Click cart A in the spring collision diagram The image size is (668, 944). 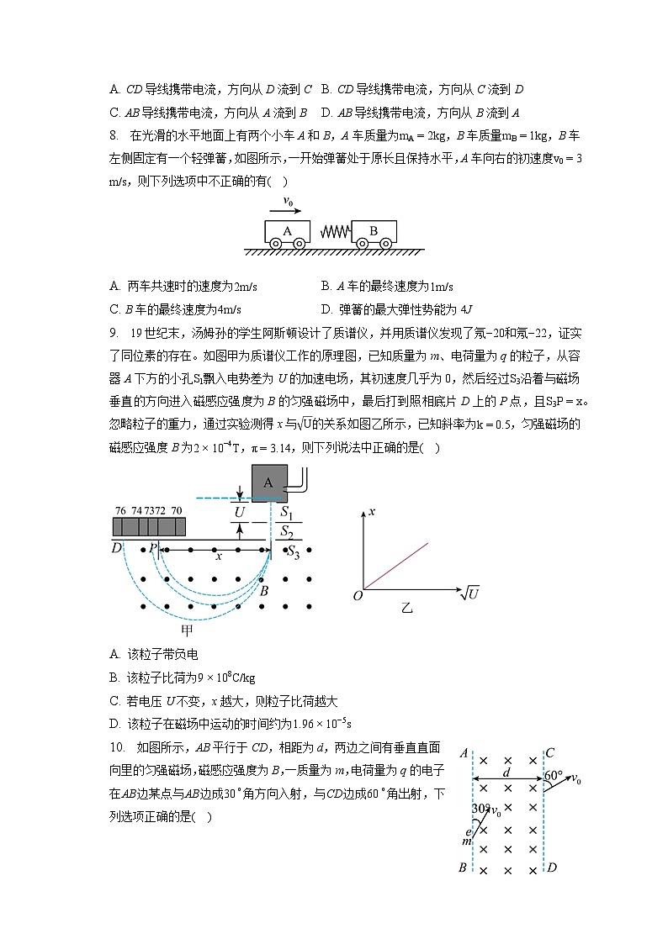coord(287,231)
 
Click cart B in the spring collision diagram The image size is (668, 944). coord(374,231)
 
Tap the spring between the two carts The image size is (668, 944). coord(330,231)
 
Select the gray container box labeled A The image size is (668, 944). coord(268,483)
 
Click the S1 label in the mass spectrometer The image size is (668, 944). coord(286,511)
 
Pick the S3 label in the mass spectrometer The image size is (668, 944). coord(293,551)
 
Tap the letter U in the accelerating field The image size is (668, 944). coord(240,510)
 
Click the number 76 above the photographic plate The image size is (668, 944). coord(120,510)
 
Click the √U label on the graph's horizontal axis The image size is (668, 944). coord(469,593)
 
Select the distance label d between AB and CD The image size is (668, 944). coord(506,771)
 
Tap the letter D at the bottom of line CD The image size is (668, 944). coord(552,868)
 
